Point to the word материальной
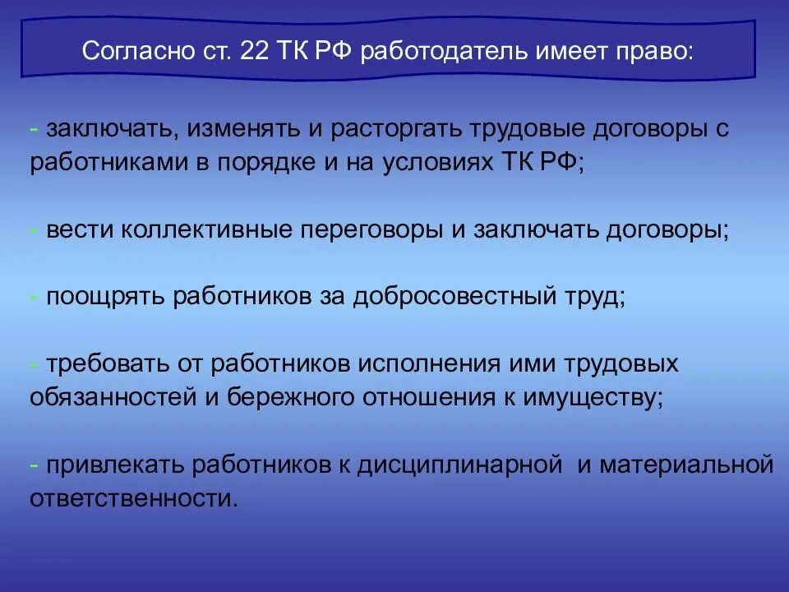685,465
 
